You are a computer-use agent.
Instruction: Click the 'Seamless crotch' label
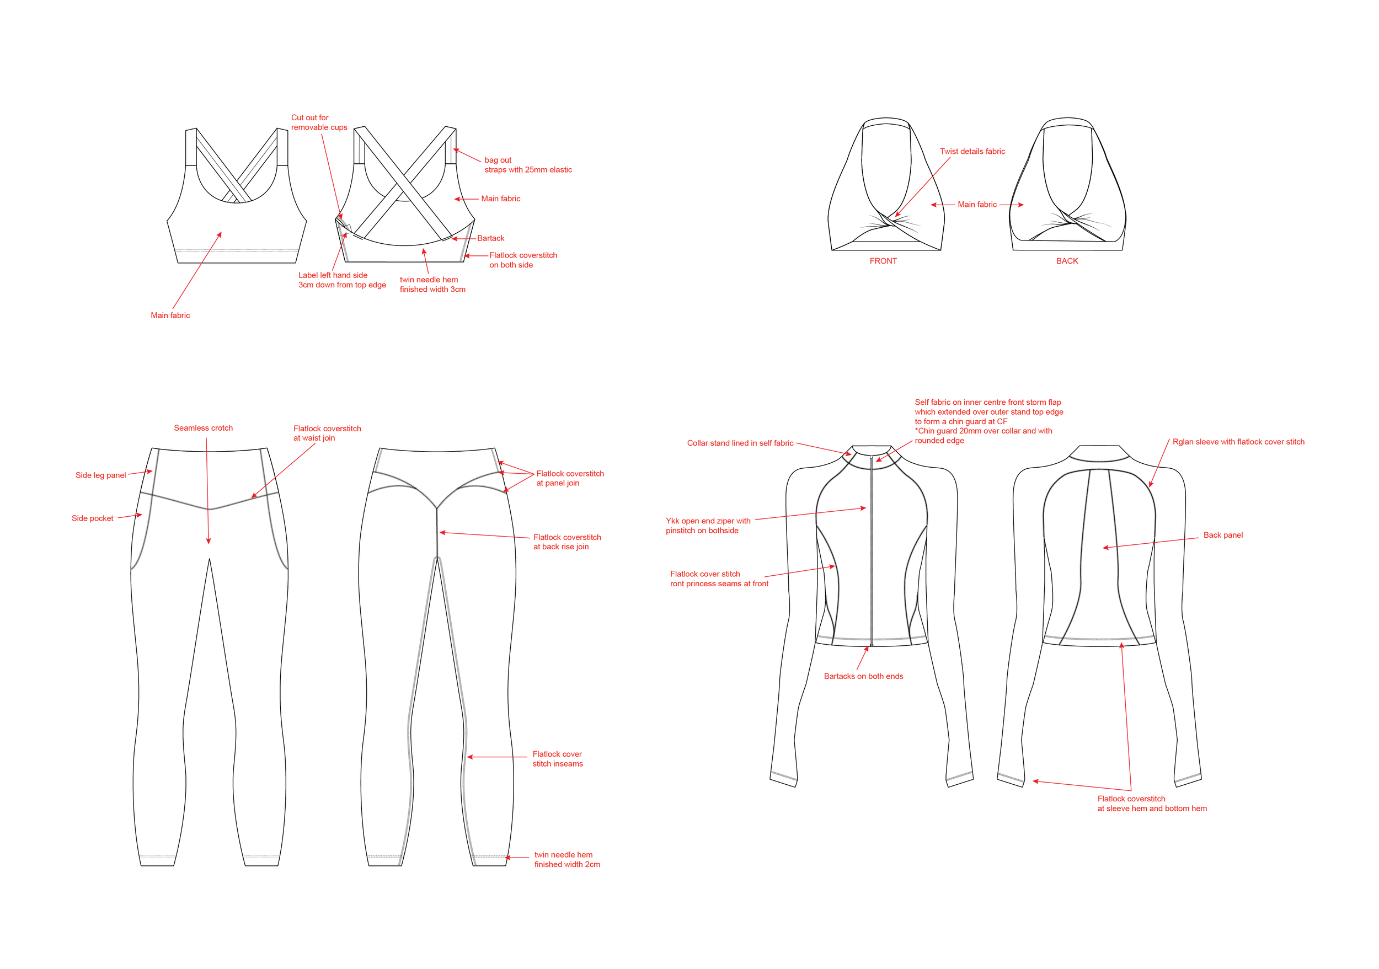click(x=203, y=428)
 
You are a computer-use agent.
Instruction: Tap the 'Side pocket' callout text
click(x=92, y=518)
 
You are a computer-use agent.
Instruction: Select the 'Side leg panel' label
click(x=100, y=475)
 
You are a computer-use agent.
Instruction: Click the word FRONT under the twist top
click(x=883, y=261)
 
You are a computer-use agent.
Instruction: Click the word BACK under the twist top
click(x=1067, y=261)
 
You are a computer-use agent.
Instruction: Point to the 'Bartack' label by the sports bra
click(x=490, y=238)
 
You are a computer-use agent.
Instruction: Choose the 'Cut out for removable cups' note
click(x=319, y=122)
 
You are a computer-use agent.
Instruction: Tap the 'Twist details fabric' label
click(x=972, y=151)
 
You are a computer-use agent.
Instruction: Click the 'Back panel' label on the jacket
click(x=1222, y=535)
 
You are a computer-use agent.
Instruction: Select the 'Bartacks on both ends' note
click(x=863, y=676)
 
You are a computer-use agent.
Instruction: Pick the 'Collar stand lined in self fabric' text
click(x=740, y=443)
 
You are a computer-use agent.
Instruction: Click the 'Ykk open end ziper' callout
click(x=708, y=526)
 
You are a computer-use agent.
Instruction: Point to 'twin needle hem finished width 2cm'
click(x=566, y=859)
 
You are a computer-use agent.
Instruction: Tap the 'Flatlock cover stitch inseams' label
click(x=557, y=759)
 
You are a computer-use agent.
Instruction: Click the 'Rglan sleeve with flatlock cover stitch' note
click(x=1238, y=442)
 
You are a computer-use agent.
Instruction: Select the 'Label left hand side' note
click(x=342, y=280)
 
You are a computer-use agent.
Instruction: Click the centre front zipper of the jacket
click(x=872, y=553)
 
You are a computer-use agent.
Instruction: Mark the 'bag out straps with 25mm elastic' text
click(x=527, y=165)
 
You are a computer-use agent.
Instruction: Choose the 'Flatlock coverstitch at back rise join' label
click(x=566, y=542)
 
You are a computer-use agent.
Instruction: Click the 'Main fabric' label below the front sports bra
click(x=170, y=315)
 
